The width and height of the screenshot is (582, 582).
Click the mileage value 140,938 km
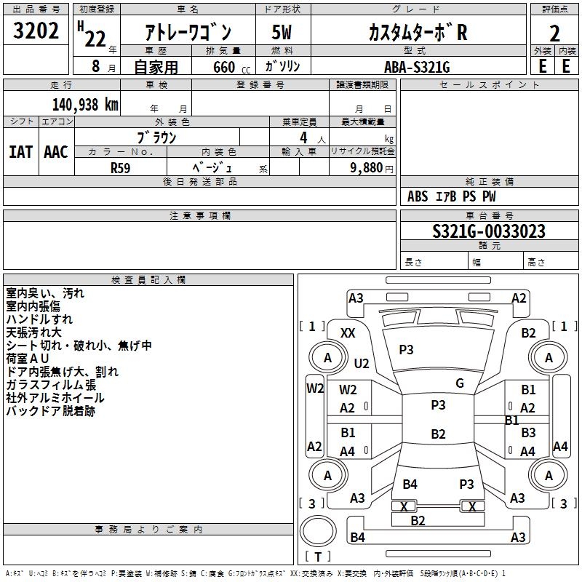click(85, 105)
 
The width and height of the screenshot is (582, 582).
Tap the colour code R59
click(121, 167)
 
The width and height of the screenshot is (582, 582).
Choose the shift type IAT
click(20, 152)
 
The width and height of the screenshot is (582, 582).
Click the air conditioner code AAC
click(56, 152)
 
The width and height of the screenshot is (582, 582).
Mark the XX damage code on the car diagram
click(348, 333)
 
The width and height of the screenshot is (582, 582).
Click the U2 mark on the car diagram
click(362, 363)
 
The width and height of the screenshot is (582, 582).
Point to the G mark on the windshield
click(460, 383)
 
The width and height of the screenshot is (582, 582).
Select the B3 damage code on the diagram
click(528, 433)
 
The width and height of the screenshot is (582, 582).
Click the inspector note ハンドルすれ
click(39, 319)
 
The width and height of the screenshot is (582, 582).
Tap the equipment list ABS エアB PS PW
click(453, 196)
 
